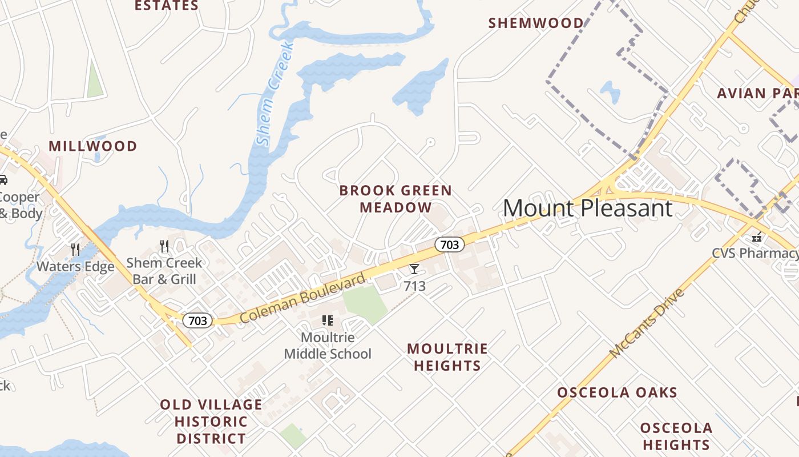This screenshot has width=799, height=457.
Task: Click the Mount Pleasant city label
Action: (587, 208)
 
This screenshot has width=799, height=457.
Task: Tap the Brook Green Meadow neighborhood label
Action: (396, 199)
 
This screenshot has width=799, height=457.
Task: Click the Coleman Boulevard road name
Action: (302, 298)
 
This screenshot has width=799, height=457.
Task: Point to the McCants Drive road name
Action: (647, 324)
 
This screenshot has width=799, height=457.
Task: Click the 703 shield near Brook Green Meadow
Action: (449, 244)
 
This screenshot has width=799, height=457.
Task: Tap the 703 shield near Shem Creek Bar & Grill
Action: (197, 320)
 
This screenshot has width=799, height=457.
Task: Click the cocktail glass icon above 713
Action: (414, 269)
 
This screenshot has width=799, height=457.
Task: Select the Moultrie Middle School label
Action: (328, 346)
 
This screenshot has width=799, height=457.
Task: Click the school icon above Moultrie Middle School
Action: (328, 320)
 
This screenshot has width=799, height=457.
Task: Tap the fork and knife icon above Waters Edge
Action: (75, 248)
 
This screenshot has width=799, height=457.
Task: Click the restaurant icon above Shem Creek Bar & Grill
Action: (164, 246)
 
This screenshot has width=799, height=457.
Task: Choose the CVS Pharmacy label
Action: (754, 253)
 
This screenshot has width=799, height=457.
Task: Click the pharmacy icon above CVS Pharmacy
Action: (757, 236)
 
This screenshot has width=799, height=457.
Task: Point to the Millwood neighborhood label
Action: (93, 146)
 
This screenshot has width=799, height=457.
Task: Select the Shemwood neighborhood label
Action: (536, 23)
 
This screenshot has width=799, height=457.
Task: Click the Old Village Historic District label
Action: (211, 422)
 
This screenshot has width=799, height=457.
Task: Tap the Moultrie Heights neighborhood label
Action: (447, 357)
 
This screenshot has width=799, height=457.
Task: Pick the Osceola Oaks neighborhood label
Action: (617, 393)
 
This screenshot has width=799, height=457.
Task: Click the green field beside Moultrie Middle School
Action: (365, 303)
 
